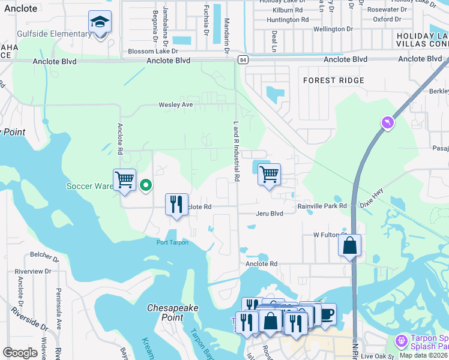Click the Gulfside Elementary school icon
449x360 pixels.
coord(100,23)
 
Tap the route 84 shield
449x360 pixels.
coord(242,59)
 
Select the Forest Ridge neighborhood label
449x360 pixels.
coord(333,80)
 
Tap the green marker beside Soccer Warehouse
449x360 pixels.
coord(145,185)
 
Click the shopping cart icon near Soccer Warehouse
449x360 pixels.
coord(124,179)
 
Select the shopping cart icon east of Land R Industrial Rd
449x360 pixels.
coord(270,175)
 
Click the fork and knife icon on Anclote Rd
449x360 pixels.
coord(176,204)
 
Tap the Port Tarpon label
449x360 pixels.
coord(172,242)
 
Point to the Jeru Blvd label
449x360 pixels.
coord(268,213)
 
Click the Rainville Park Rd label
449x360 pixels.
coord(322,206)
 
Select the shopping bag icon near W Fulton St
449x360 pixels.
coord(349,245)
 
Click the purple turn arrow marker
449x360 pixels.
coord(388,123)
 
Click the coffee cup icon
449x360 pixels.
coord(326,314)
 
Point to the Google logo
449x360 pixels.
coord(20,352)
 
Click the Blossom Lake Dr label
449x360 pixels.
coord(153,52)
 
